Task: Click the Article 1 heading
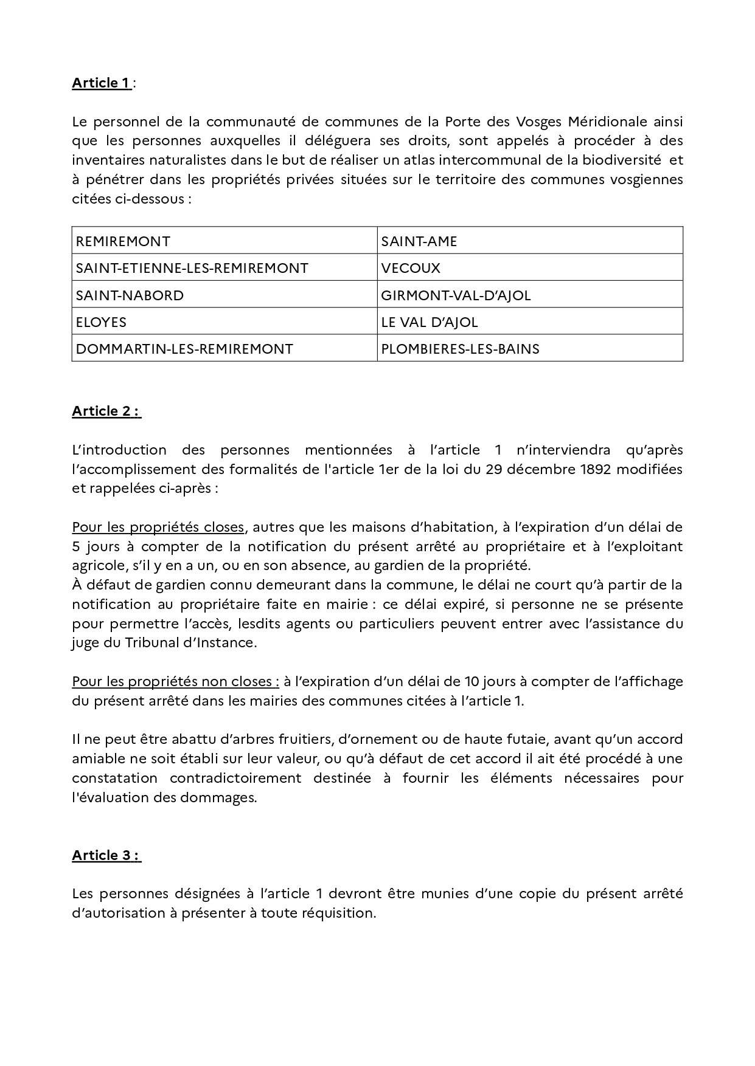point(101,83)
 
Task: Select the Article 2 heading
point(106,411)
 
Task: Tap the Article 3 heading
point(106,855)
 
